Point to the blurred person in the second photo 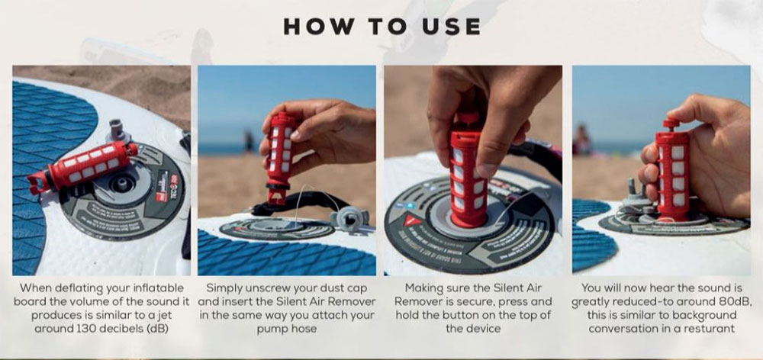(x=249, y=140)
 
